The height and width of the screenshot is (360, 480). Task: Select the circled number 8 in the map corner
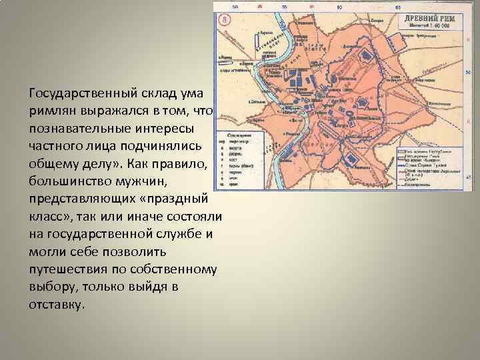point(225,18)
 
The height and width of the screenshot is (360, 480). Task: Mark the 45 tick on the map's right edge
point(469,177)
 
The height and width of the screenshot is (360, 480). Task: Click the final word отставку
point(57,305)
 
